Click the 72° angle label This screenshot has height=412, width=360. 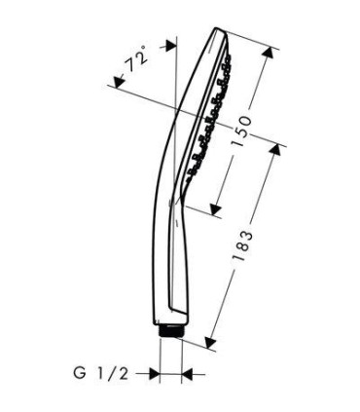pos(135,59)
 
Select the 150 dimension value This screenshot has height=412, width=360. pos(242,131)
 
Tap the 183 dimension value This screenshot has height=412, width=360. pos(242,245)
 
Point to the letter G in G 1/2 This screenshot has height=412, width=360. pos(80,373)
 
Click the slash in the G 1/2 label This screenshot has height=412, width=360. pos(110,373)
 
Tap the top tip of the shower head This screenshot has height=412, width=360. pos(215,28)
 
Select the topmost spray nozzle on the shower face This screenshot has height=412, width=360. pos(228,58)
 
